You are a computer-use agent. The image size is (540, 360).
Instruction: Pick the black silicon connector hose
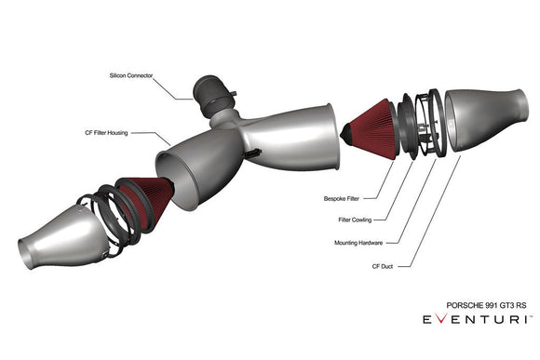(211, 89)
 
